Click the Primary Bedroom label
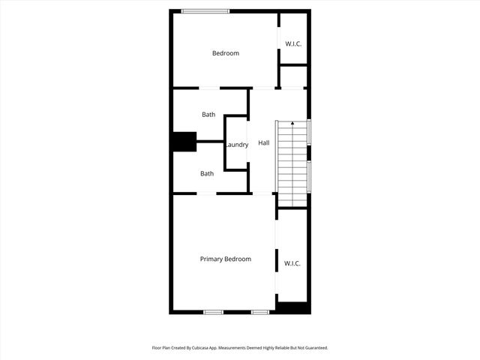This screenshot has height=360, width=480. click(225, 259)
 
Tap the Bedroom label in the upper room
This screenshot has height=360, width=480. click(225, 53)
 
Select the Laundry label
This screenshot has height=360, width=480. click(237, 145)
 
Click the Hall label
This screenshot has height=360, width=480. click(264, 142)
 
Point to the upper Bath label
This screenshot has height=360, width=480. click(208, 115)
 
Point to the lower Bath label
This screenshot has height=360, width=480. click(207, 173)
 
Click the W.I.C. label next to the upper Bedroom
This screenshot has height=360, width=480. click(293, 43)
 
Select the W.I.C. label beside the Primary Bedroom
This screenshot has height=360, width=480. click(292, 263)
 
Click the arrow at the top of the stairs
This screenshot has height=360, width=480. click(292, 124)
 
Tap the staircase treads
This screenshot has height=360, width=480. click(292, 161)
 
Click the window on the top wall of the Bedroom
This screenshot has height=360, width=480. click(205, 10)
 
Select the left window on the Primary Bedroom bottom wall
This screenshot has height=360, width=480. click(214, 312)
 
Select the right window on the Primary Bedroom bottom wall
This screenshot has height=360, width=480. click(260, 312)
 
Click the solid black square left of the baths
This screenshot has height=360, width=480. click(184, 142)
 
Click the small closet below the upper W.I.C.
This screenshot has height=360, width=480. click(293, 76)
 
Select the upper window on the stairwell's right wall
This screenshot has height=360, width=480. click(309, 131)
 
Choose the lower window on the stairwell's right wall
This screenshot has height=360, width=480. click(309, 176)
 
